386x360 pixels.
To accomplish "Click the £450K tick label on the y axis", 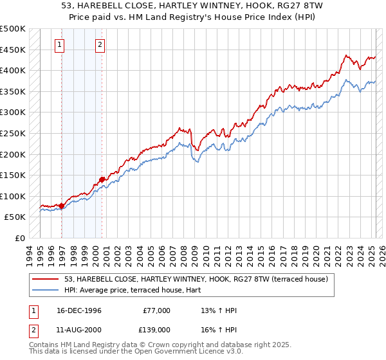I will [13, 50].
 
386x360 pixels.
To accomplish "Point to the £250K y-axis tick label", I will [13, 133].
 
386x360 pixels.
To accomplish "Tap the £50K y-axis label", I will [15, 217].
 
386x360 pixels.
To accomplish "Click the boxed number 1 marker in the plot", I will [59, 44].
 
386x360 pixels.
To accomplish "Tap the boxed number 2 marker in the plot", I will [100, 44].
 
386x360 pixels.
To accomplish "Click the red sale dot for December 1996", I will [62, 206].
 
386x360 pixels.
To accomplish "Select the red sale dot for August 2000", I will [102, 180].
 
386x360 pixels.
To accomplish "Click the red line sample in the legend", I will [46, 279].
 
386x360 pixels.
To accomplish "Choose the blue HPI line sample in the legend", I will [46, 290].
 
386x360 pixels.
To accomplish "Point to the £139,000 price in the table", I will [156, 328].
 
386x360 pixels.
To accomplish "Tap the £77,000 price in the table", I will [156, 310].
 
